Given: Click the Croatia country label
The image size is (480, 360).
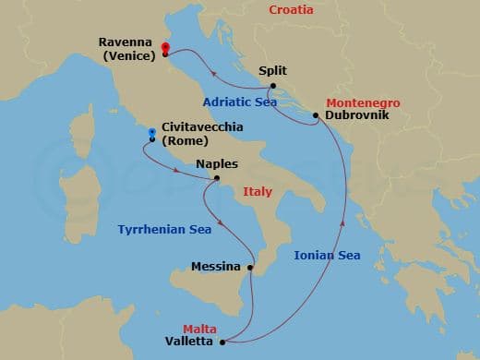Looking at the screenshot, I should [291, 10].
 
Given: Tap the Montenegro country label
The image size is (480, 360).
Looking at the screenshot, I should [363, 103].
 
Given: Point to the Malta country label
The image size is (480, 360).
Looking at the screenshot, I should [199, 328].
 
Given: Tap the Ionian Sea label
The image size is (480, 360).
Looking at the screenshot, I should [327, 255].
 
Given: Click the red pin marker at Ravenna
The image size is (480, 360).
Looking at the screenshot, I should [165, 49].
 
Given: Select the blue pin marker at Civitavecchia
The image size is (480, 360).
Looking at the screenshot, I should [151, 133].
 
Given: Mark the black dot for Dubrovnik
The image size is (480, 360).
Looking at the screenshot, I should [316, 116].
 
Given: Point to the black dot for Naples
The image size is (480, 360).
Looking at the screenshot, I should [217, 178].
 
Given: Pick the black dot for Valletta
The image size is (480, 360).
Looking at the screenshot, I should [222, 342].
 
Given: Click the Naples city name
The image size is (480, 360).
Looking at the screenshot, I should [217, 164].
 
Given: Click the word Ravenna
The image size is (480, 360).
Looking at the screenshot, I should [125, 42].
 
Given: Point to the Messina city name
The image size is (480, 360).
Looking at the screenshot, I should [216, 267].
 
